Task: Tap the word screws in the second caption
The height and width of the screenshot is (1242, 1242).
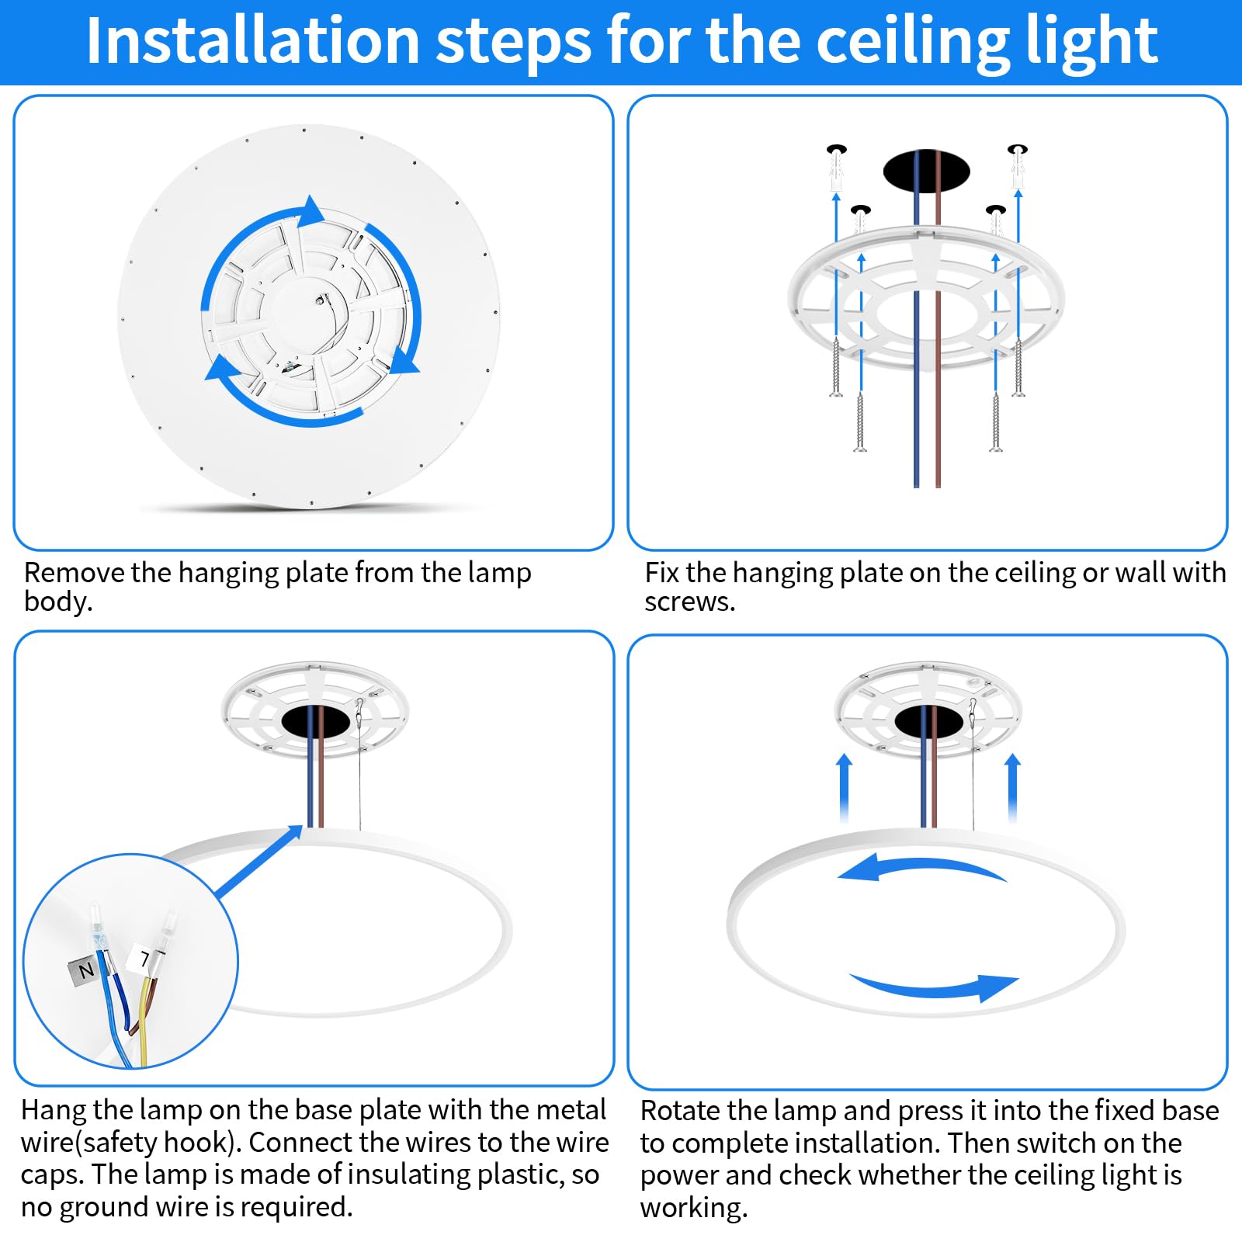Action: click(x=689, y=602)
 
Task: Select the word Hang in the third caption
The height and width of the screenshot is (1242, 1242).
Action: click(x=54, y=1110)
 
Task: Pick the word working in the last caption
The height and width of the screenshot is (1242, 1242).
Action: click(x=694, y=1208)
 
